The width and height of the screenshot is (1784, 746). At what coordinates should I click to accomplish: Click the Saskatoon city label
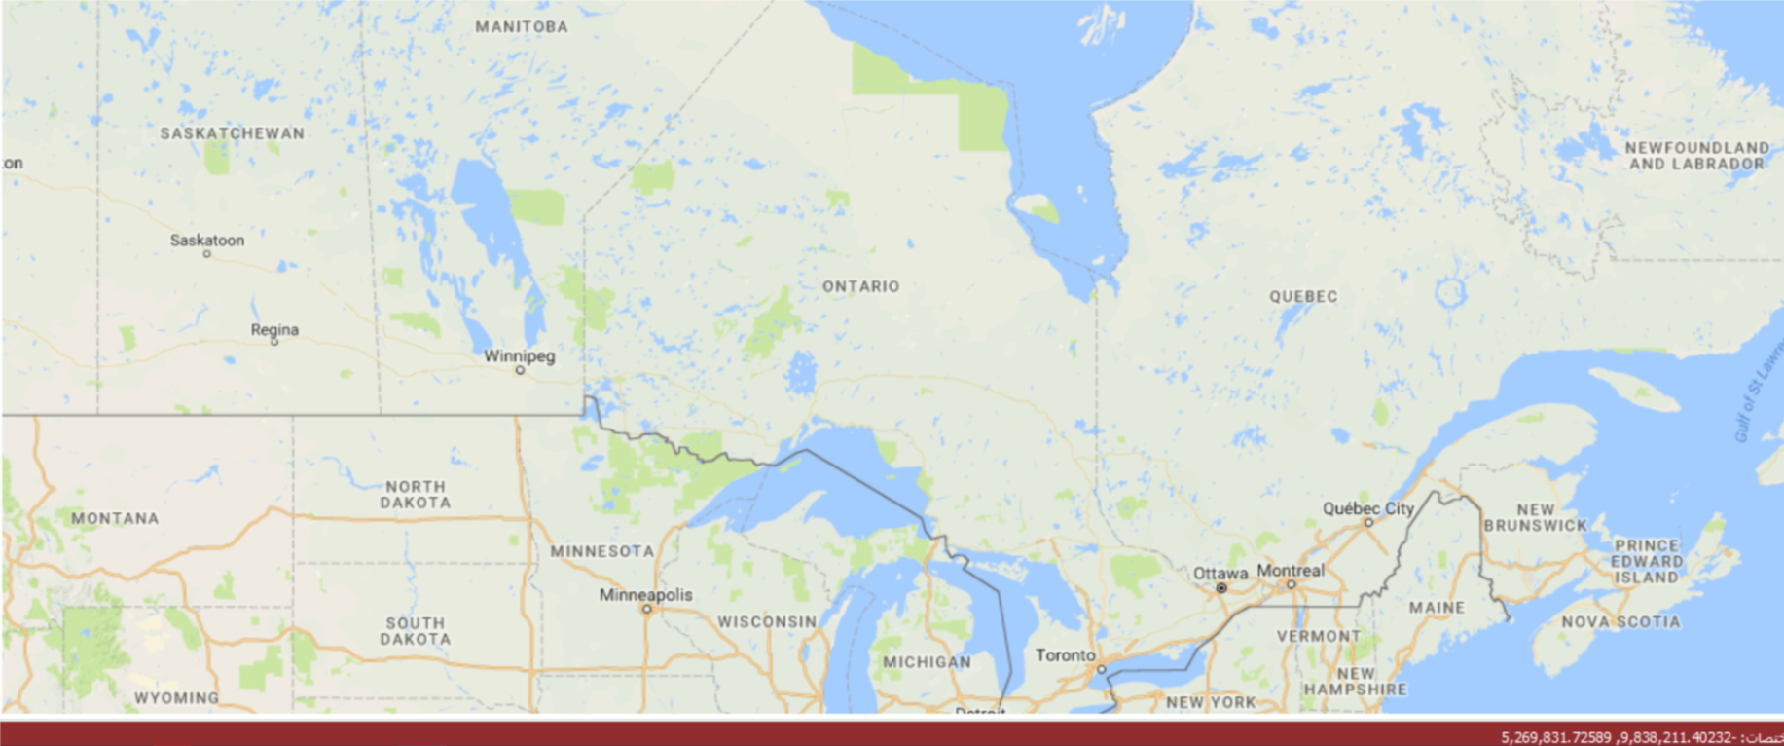click(206, 240)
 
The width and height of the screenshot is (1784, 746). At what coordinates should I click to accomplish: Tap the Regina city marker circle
click(274, 342)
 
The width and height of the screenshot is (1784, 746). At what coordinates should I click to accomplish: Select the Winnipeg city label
click(519, 355)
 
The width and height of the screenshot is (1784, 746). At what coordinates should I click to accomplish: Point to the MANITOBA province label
click(522, 27)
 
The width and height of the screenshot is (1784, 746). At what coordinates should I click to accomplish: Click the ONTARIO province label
click(861, 286)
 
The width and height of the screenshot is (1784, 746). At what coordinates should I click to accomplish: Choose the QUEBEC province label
click(1303, 296)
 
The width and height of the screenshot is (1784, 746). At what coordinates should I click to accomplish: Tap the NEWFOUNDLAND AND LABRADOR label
click(1696, 156)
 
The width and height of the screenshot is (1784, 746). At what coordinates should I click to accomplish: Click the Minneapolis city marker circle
click(646, 610)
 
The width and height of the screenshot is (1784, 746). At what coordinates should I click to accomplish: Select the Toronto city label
click(1065, 655)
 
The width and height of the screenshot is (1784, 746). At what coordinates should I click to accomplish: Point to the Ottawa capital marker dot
click(1221, 588)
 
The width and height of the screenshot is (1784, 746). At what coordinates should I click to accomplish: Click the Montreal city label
click(1291, 571)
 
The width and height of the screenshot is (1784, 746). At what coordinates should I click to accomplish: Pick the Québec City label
click(1367, 508)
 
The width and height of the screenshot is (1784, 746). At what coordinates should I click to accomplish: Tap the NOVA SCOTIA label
click(1620, 621)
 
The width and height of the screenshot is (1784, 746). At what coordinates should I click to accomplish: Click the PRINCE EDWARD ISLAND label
click(1647, 561)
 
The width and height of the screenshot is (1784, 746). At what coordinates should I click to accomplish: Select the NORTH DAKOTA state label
click(416, 494)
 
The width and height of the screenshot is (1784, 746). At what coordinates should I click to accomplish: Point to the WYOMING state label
click(176, 698)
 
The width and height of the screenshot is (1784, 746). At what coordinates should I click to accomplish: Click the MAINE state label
click(1437, 608)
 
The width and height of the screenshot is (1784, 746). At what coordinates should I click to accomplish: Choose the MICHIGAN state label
click(927, 662)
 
